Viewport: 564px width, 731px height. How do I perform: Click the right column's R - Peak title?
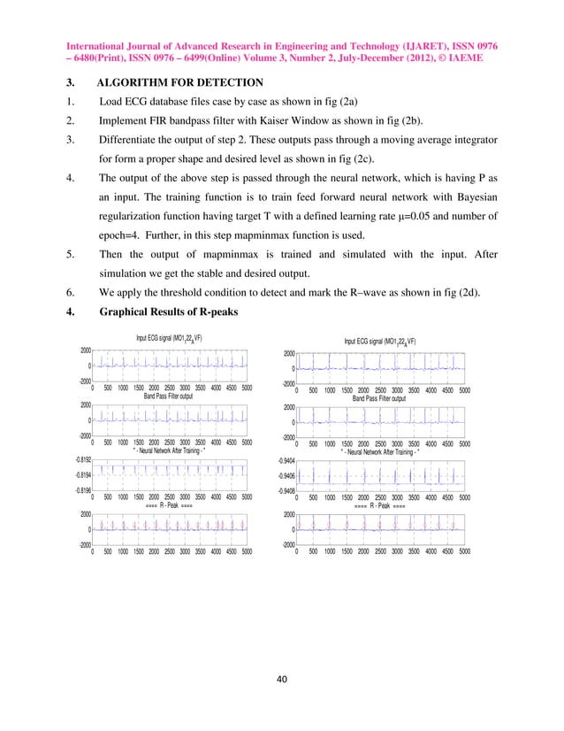pos(380,508)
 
